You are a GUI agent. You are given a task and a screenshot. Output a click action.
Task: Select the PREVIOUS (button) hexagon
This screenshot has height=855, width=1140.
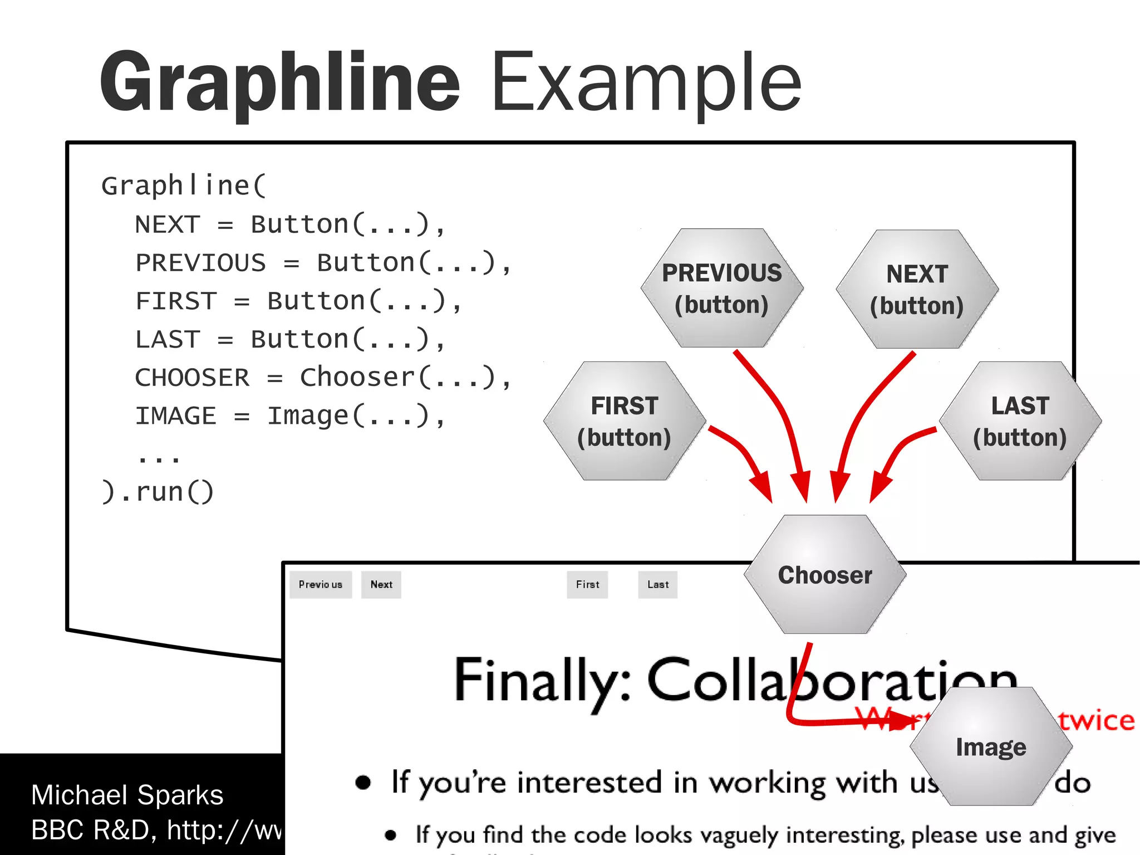pos(721,289)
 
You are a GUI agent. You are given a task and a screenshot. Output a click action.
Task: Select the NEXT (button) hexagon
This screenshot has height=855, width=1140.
pos(917,290)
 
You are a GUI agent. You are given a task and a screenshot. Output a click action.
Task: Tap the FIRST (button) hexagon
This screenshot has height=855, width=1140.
pos(625,421)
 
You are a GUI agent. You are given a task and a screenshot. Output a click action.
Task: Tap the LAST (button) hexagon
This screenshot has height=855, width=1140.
pos(1020,421)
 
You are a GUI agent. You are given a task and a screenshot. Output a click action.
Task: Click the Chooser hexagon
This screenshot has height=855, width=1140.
pos(824,575)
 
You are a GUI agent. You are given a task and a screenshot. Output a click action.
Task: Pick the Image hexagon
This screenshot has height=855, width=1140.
pos(991,746)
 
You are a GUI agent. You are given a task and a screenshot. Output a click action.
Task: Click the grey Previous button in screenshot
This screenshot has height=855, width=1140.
pos(321,584)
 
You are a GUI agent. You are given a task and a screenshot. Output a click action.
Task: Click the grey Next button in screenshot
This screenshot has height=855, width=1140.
pos(381,584)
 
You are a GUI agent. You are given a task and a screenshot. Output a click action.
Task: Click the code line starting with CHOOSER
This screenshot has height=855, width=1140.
pos(323,378)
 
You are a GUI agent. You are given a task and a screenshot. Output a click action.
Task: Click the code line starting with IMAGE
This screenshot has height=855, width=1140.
pos(289,416)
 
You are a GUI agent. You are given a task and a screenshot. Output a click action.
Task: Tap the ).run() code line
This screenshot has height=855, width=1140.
pos(158,492)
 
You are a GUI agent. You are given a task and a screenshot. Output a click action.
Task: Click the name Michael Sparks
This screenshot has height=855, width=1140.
pos(127,795)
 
